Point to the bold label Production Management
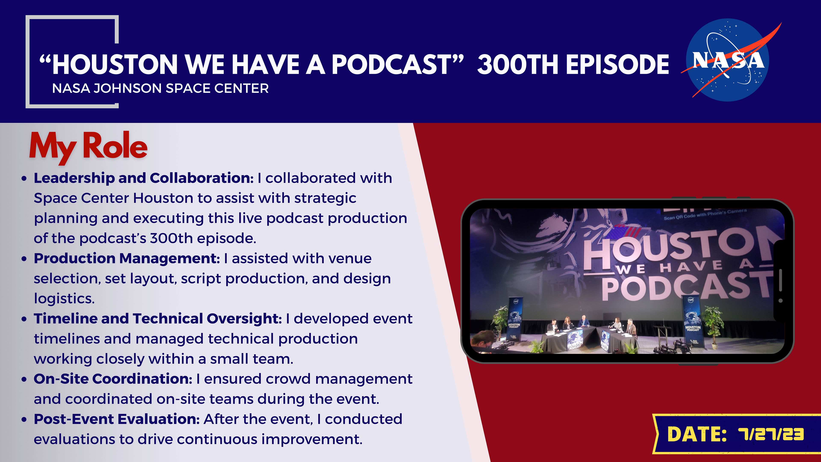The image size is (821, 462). pyautogui.click(x=127, y=258)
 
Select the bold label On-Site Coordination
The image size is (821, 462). pyautogui.click(x=113, y=379)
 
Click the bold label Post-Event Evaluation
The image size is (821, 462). pyautogui.click(x=117, y=419)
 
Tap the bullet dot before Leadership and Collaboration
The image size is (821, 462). pyautogui.click(x=24, y=179)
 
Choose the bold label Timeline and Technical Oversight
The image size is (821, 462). pyautogui.click(x=158, y=318)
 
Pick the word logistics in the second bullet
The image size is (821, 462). pyautogui.click(x=64, y=299)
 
